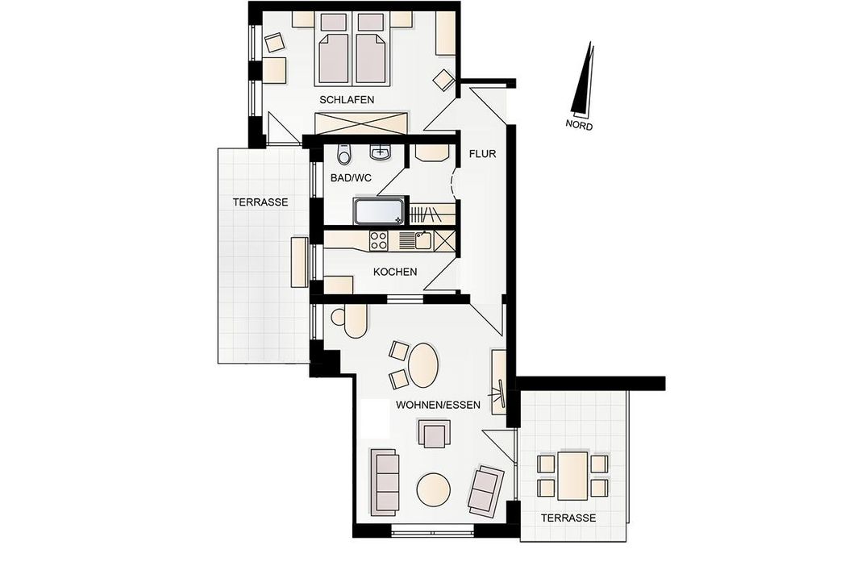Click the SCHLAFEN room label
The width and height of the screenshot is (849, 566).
(x=347, y=100)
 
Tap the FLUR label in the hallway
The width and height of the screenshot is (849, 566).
(x=482, y=154)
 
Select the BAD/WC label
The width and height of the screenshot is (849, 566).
(x=351, y=177)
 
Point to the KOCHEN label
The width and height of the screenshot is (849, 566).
(x=395, y=272)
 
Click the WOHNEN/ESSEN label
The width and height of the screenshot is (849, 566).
(x=438, y=405)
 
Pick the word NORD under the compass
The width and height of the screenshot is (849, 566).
(x=579, y=125)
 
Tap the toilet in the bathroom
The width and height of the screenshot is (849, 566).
(x=343, y=154)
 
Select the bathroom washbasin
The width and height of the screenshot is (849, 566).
(x=381, y=152)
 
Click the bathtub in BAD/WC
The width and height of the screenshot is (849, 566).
(x=378, y=211)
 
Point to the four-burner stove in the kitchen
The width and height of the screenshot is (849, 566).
(x=378, y=240)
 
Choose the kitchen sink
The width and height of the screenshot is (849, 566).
(x=423, y=240)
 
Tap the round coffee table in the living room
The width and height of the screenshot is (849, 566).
(x=433, y=489)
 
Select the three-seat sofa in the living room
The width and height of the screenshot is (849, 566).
(x=384, y=482)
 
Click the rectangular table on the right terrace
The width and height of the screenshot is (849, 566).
(x=573, y=476)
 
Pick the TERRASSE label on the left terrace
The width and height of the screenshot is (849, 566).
(x=260, y=202)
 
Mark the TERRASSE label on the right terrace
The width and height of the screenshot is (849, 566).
(x=568, y=518)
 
